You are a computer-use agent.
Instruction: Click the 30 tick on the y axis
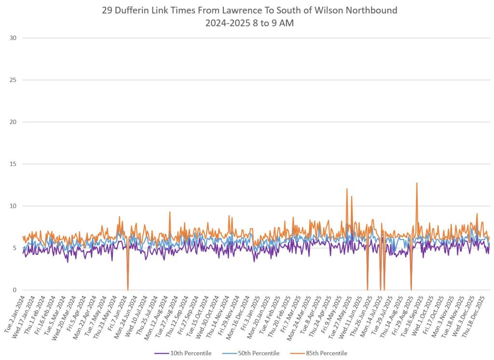[13, 38]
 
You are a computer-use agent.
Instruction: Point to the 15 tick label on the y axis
[13, 164]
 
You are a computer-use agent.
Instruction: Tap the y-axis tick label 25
[13, 80]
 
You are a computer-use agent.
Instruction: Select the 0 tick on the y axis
[14, 290]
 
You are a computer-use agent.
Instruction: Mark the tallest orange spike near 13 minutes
[417, 183]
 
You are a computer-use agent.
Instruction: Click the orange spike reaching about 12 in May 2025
[347, 189]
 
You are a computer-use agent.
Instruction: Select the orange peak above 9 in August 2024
[170, 212]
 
